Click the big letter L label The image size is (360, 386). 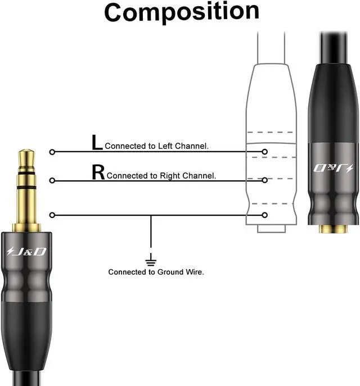pyautogui.click(x=97, y=143)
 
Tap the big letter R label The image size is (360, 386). pyautogui.click(x=98, y=172)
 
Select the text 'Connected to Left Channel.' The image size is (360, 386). pyautogui.click(x=157, y=146)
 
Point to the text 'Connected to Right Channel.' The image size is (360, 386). pyautogui.click(x=161, y=175)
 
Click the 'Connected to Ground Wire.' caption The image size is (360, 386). pyautogui.click(x=156, y=272)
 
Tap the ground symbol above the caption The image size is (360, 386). pyautogui.click(x=150, y=260)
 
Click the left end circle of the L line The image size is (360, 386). pyautogui.click(x=52, y=152)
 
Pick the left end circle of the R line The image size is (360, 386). pyautogui.click(x=52, y=180)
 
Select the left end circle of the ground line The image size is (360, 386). pyautogui.click(x=52, y=215)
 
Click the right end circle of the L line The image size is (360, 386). pyautogui.click(x=265, y=152)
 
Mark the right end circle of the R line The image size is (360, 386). pyautogui.click(x=265, y=180)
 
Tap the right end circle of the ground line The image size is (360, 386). pyautogui.click(x=265, y=215)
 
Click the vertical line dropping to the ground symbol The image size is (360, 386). pyautogui.click(x=150, y=233)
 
